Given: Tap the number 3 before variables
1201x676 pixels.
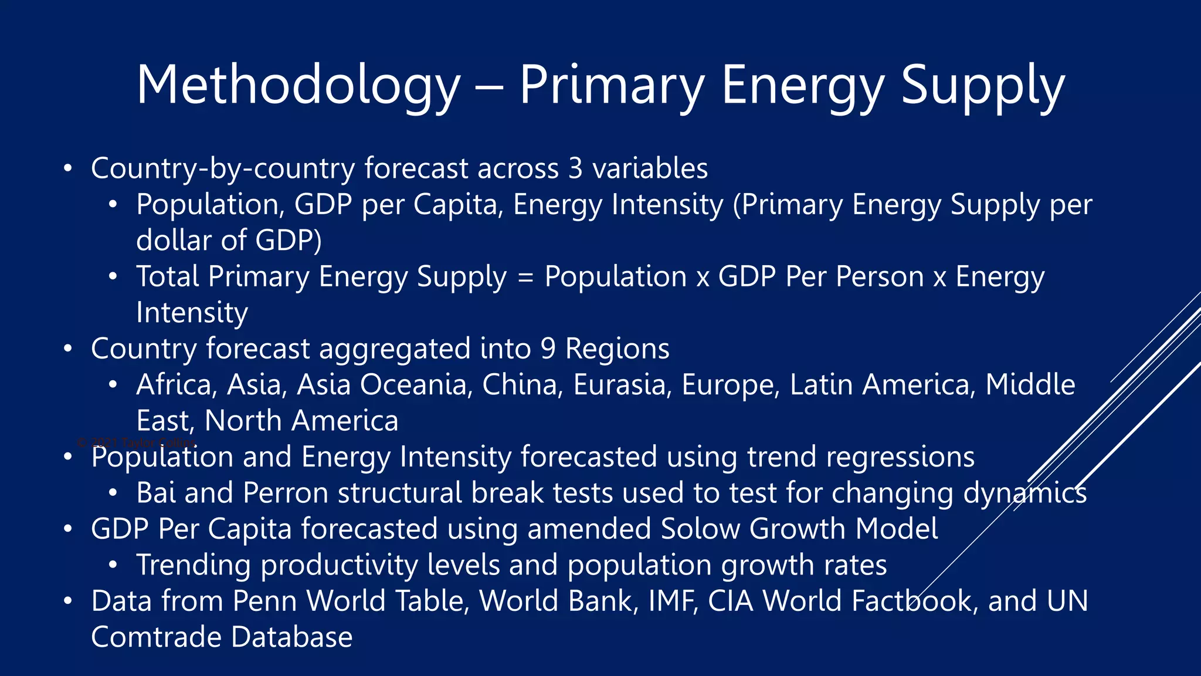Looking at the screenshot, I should (x=575, y=168).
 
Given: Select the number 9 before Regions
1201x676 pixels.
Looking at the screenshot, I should (x=548, y=349).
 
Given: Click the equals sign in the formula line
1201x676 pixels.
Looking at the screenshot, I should (x=526, y=277).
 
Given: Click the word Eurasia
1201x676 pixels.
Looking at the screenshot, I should (x=622, y=385).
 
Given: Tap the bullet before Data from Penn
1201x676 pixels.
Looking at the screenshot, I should (x=68, y=601).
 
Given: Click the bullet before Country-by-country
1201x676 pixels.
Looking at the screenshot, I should (x=68, y=168).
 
